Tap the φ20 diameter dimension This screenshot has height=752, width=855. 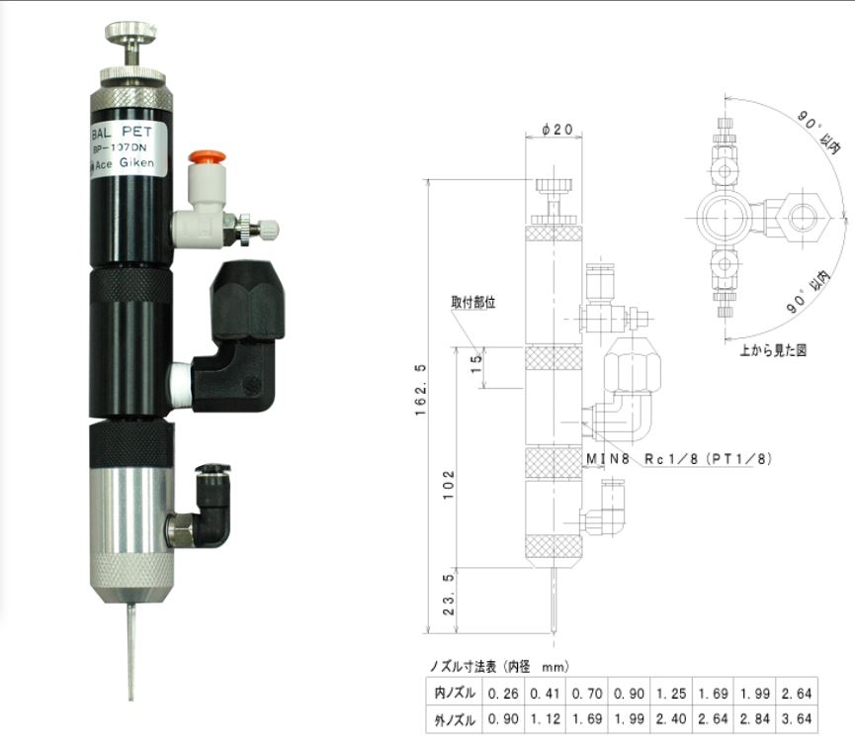click(557, 129)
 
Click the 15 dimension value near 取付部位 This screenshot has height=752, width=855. click(474, 366)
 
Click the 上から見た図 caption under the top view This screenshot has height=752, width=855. click(772, 350)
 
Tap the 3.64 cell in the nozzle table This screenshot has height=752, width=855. click(797, 719)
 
